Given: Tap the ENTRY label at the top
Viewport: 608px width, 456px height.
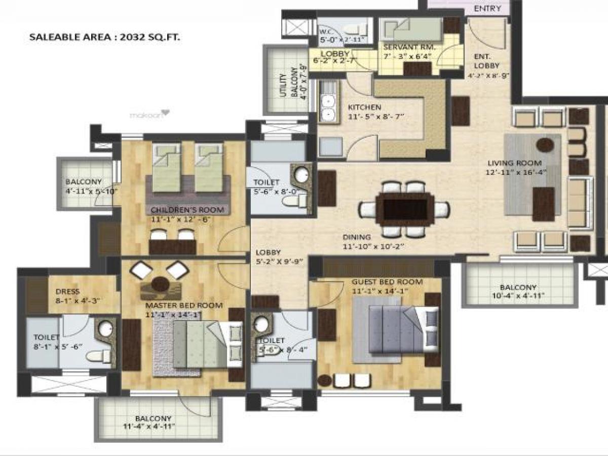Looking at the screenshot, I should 487,9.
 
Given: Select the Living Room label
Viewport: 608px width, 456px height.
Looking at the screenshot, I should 514,163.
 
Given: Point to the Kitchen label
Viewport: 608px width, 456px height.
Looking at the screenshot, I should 364,107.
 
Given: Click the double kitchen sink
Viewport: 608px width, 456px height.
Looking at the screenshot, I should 328,108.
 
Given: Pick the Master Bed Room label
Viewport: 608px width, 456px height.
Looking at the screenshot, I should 184,306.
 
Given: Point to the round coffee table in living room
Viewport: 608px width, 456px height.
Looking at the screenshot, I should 545,144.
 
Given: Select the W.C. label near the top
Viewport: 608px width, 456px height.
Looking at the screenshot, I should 326,30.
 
